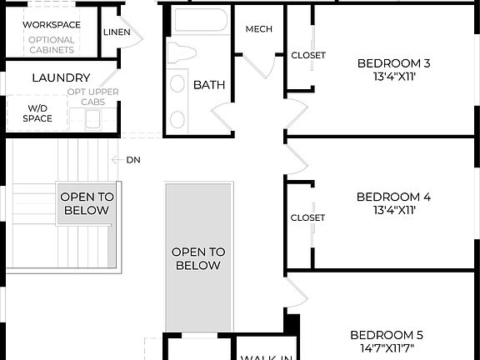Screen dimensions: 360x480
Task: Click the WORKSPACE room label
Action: tap(52, 24)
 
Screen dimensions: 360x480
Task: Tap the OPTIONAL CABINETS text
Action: tap(52, 44)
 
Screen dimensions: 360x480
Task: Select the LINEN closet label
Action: tap(117, 32)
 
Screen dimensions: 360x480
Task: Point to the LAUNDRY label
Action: tap(61, 77)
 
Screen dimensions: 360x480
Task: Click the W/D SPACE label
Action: tap(38, 113)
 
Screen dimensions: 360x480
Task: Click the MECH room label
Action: tap(259, 29)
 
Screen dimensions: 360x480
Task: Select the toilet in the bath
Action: tap(181, 54)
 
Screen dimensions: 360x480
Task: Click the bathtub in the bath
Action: tap(200, 22)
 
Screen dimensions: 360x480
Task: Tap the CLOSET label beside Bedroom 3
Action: tap(308, 56)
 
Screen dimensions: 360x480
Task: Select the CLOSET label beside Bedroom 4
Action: tap(307, 217)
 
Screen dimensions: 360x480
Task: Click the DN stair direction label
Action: tap(133, 159)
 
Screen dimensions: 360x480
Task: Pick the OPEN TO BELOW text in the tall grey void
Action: tap(197, 258)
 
